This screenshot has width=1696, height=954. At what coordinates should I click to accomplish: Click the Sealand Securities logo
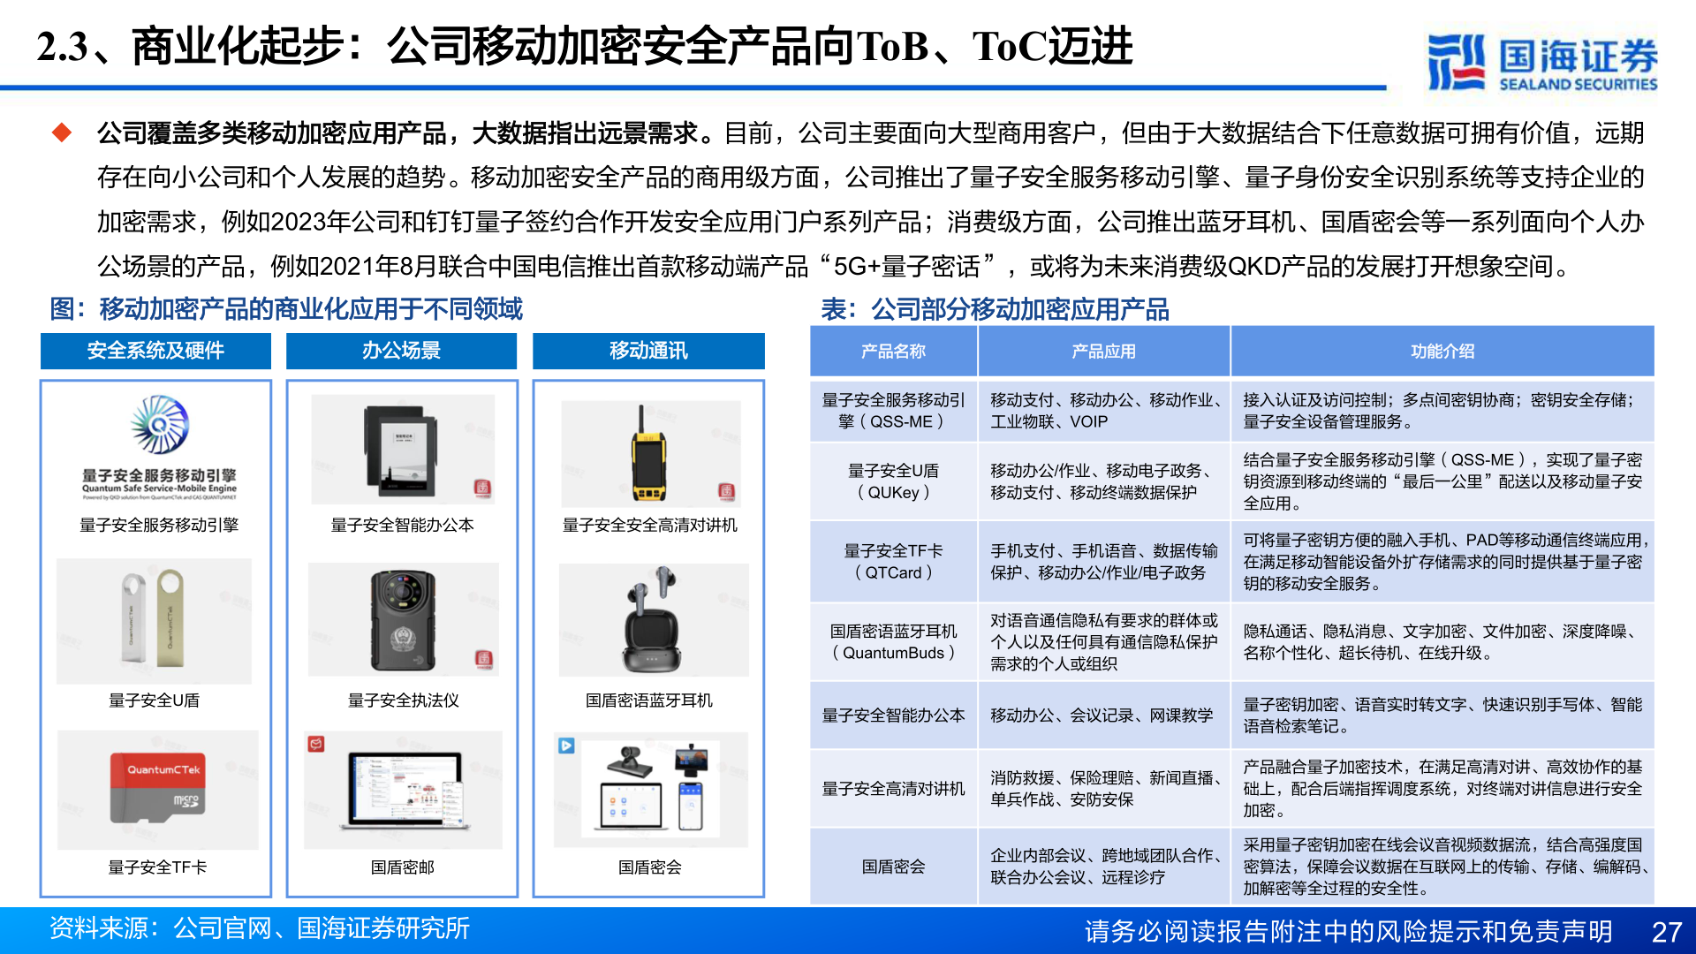click(x=1541, y=61)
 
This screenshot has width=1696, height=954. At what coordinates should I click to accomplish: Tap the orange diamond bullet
click(x=62, y=132)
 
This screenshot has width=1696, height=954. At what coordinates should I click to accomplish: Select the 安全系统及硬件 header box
click(x=155, y=351)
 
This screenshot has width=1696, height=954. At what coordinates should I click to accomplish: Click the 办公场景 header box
click(x=401, y=351)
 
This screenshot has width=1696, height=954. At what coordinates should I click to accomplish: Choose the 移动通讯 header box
click(x=648, y=351)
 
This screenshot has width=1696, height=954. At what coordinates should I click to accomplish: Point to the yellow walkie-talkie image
click(x=647, y=454)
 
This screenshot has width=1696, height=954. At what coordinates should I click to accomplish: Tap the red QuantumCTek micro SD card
click(x=158, y=788)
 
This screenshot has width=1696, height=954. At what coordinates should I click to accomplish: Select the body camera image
click(x=403, y=620)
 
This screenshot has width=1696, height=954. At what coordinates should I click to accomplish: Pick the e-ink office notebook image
click(x=401, y=450)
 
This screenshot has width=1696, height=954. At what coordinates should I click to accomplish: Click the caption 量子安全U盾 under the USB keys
click(x=155, y=700)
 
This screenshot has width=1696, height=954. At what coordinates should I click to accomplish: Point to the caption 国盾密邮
click(x=403, y=867)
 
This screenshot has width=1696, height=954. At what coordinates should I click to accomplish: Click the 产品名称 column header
click(x=893, y=352)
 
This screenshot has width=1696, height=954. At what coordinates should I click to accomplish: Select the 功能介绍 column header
click(x=1442, y=352)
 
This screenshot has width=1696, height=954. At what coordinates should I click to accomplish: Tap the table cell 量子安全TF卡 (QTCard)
click(x=893, y=562)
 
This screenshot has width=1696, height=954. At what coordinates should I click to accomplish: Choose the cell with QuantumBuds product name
click(x=893, y=642)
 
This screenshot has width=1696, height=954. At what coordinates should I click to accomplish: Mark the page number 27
click(x=1666, y=932)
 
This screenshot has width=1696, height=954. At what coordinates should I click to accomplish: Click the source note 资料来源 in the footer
click(x=259, y=928)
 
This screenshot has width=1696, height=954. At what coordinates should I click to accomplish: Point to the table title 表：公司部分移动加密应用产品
click(x=995, y=309)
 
